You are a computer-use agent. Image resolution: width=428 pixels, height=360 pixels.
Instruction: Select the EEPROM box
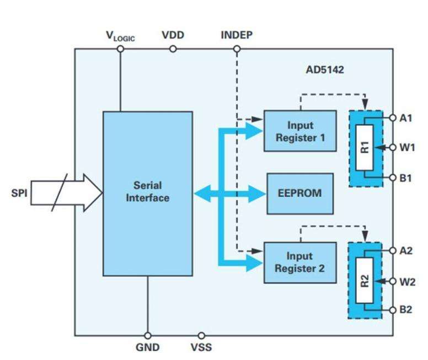click(300, 194)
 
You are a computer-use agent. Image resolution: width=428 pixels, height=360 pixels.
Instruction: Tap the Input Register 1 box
click(299, 131)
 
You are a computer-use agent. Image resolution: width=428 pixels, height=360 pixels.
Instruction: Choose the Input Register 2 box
click(299, 262)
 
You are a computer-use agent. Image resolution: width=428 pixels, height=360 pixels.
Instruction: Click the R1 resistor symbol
click(364, 147)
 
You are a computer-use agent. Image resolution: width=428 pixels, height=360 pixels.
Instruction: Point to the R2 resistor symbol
click(364, 280)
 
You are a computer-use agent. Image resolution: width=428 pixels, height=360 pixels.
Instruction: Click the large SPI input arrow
click(66, 193)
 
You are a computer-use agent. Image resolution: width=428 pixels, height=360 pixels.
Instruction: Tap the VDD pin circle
click(173, 49)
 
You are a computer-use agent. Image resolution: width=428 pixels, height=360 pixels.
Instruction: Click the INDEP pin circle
click(237, 49)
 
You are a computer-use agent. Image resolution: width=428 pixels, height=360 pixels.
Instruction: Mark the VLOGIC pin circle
click(120, 49)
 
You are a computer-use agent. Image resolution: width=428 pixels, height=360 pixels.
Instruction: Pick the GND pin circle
click(147, 335)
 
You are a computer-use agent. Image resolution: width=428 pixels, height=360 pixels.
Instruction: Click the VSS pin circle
click(201, 335)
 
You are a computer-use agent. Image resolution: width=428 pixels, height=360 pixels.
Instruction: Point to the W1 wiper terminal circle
click(393, 147)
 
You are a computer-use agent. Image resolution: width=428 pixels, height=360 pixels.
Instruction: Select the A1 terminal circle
click(393, 117)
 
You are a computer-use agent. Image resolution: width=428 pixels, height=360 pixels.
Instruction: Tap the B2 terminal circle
click(393, 310)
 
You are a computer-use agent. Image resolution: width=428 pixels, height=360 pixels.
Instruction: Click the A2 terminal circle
click(393, 251)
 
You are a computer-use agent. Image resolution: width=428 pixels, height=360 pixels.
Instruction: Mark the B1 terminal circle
click(393, 178)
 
